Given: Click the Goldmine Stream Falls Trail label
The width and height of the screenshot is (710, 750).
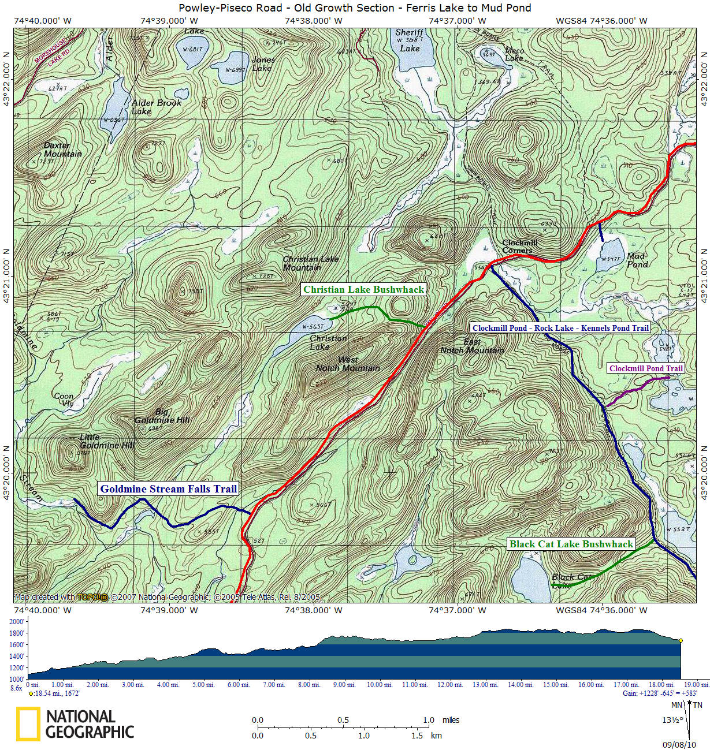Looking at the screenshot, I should click(169, 489).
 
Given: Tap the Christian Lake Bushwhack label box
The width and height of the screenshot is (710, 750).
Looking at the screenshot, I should click(363, 289).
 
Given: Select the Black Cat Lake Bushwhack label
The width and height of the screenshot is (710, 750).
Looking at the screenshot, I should click(571, 544).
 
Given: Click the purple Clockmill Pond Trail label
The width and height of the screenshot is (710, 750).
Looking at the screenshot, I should click(646, 368).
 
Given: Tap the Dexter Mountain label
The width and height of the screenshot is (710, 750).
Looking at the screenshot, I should click(62, 150).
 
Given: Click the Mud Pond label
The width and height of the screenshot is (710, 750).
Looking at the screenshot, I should click(637, 260).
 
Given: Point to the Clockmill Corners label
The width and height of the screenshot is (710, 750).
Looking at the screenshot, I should click(519, 247).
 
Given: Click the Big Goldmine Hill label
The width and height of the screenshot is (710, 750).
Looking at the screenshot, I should click(162, 416).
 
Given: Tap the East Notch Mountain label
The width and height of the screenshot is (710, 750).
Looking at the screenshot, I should click(472, 346).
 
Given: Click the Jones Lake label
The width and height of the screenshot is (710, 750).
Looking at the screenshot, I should click(263, 64).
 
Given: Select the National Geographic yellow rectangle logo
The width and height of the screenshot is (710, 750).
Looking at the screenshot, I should click(28, 724).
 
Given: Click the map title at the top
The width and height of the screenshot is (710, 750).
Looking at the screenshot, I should click(354, 8).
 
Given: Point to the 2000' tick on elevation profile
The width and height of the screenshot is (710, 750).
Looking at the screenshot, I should click(17, 622).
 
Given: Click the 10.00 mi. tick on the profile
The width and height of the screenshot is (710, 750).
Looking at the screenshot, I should click(379, 685).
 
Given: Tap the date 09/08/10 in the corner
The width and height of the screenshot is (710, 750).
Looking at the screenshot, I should click(679, 745).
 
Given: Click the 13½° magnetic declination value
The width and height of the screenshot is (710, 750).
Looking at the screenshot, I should click(670, 720).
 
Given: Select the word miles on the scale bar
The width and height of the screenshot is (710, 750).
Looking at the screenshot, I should click(451, 720).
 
